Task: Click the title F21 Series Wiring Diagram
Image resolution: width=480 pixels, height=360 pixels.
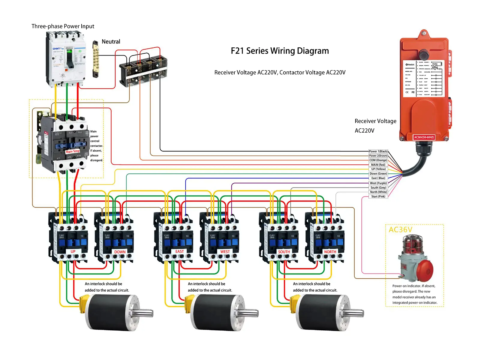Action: [x=280, y=51]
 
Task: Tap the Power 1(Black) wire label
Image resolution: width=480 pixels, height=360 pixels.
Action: [x=378, y=151]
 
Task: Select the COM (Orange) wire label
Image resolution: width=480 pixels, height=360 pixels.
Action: [x=378, y=160]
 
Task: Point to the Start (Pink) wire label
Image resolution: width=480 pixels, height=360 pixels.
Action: [x=378, y=196]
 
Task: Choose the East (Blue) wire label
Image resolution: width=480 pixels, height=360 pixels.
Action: [x=378, y=178]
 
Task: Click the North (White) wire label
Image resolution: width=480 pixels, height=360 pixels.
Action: [x=378, y=192]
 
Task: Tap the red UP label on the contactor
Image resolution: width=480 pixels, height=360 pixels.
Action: [x=73, y=251]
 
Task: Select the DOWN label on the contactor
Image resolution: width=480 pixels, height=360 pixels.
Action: [x=120, y=252]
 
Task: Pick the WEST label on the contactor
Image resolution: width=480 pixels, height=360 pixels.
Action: [x=225, y=252]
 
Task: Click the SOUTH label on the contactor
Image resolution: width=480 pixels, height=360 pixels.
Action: [x=284, y=252]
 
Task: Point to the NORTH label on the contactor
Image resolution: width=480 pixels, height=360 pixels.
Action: [x=330, y=252]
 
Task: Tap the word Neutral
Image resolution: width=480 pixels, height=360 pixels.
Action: [x=111, y=42]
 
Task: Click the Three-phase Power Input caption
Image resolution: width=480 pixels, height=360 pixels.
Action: [x=63, y=26]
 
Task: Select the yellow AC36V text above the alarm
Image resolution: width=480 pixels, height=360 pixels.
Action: [x=400, y=230]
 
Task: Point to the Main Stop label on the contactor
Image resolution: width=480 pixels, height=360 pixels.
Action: [x=73, y=151]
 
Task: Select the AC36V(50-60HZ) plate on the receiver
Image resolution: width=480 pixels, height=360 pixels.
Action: [x=424, y=137]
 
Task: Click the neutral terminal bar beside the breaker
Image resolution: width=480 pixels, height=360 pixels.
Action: [x=95, y=59]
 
